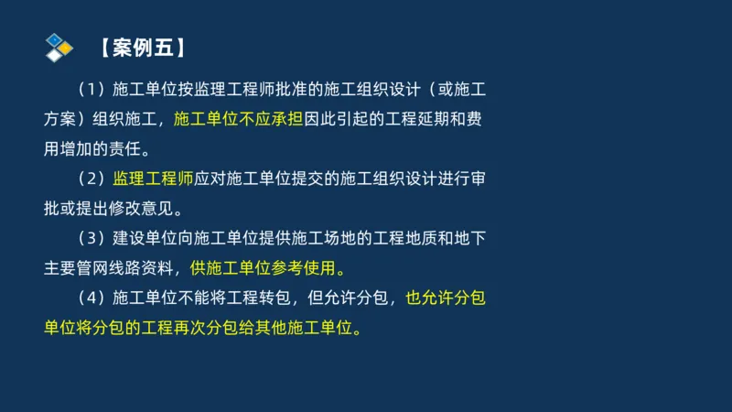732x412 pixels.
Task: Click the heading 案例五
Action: (145, 48)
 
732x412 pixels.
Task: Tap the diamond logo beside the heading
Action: (59, 48)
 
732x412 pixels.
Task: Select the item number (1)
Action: (92, 91)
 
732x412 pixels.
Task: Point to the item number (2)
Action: (92, 178)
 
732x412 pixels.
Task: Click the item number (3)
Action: (92, 239)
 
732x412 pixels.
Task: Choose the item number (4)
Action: (92, 298)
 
